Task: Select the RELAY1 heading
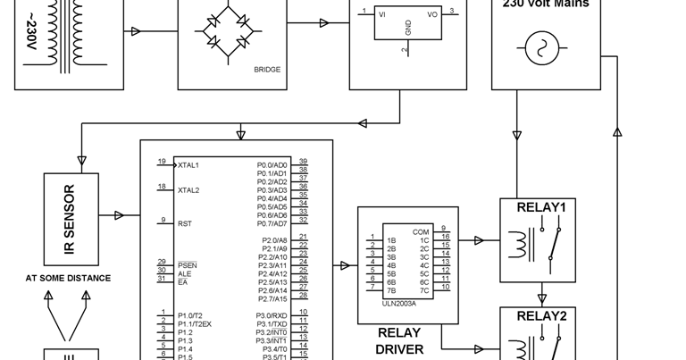pyautogui.click(x=541, y=207)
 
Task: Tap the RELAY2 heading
pyautogui.click(x=541, y=316)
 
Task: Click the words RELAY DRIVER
pyautogui.click(x=399, y=340)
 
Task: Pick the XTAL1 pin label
pyautogui.click(x=188, y=165)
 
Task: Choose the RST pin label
pyautogui.click(x=184, y=224)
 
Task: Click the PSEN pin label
pyautogui.click(x=187, y=265)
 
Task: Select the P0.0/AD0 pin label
pyautogui.click(x=272, y=165)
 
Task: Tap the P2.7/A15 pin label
pyautogui.click(x=272, y=298)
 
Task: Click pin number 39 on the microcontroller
pyautogui.click(x=304, y=162)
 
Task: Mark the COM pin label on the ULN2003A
pyautogui.click(x=421, y=232)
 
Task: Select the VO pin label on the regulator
pyautogui.click(x=432, y=14)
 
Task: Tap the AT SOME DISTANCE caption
pyautogui.click(x=68, y=278)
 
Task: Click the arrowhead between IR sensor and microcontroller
pyautogui.click(x=119, y=215)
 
